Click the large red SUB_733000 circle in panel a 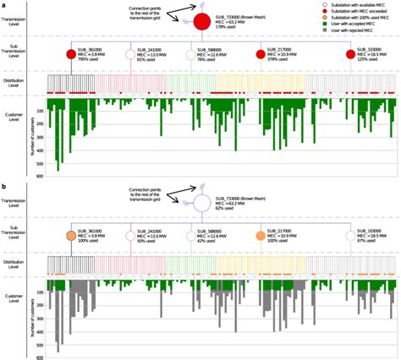(202, 23)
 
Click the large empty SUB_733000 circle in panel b (202, 204)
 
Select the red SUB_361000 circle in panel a (71, 55)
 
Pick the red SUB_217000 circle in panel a (261, 55)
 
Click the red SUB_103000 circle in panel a (349, 55)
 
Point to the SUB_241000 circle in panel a (130, 55)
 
